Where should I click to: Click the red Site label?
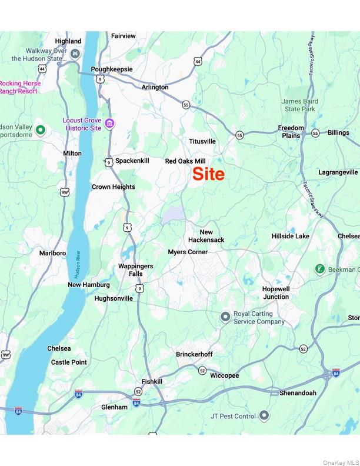[209, 175]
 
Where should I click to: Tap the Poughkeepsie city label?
[112, 69]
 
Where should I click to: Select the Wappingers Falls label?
[135, 270]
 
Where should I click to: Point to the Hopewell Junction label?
[276, 293]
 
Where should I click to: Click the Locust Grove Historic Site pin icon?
[110, 124]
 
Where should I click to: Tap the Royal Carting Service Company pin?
[225, 318]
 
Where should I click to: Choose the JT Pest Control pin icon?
[265, 416]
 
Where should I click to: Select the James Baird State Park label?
[300, 105]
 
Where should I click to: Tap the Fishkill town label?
[152, 381]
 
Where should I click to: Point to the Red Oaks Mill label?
[185, 161]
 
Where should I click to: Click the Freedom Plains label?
[291, 132]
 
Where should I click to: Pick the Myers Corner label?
[188, 252]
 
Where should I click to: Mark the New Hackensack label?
[206, 236]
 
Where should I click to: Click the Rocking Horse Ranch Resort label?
[21, 87]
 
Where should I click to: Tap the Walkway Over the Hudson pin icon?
[75, 54]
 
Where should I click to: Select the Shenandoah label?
[298, 392]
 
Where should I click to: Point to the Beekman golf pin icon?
[320, 269]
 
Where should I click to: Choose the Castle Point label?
[69, 362]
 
